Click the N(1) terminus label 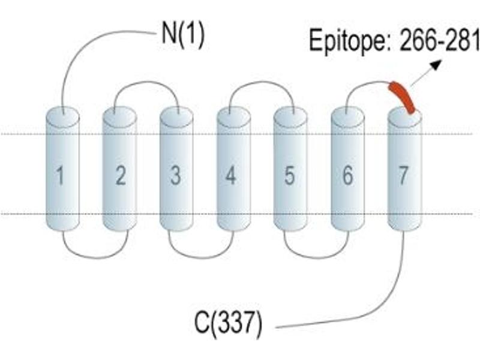[x=183, y=35]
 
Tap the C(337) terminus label [x=229, y=323]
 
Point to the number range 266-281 [x=439, y=40]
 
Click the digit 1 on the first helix [x=61, y=176]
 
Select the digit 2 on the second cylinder [x=121, y=176]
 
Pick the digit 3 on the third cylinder [x=176, y=176]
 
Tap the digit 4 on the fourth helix [x=230, y=176]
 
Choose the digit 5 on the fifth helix [x=290, y=176]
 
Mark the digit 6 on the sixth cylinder [x=347, y=176]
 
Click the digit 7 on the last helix [x=403, y=176]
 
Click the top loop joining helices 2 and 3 [x=147, y=82]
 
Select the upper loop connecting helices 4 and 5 [x=262, y=82]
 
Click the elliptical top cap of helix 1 [x=63, y=116]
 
